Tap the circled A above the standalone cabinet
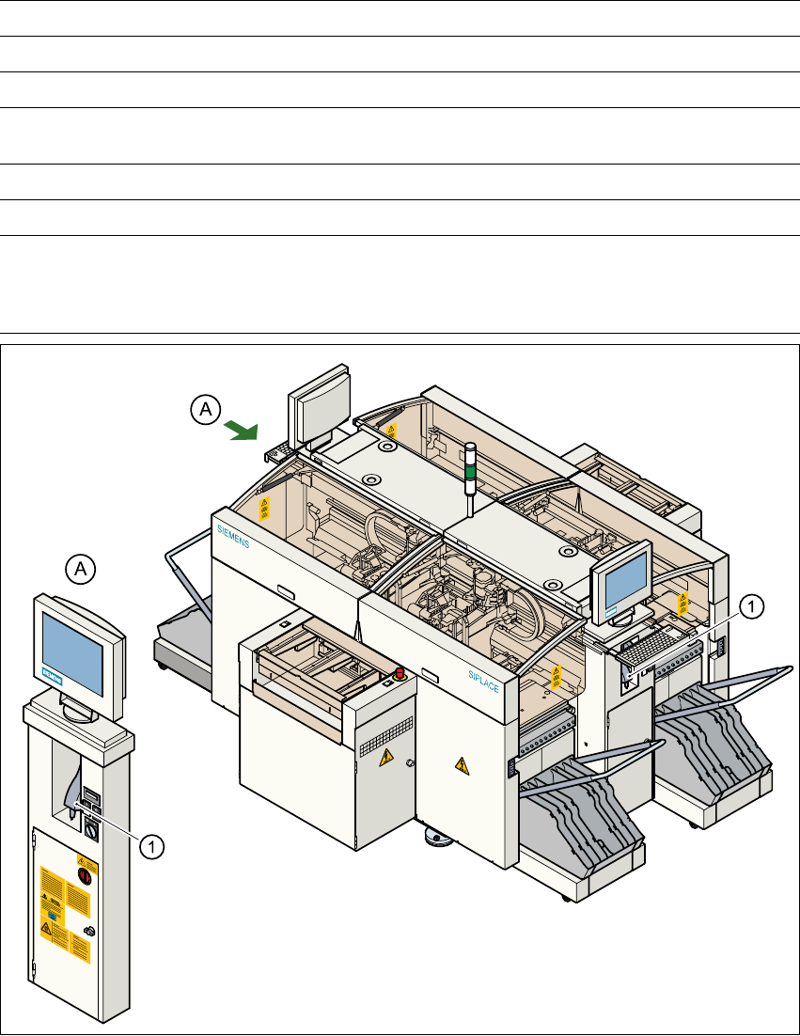click(82, 568)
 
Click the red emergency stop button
click(399, 672)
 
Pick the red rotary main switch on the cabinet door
click(83, 875)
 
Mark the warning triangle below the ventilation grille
click(385, 759)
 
